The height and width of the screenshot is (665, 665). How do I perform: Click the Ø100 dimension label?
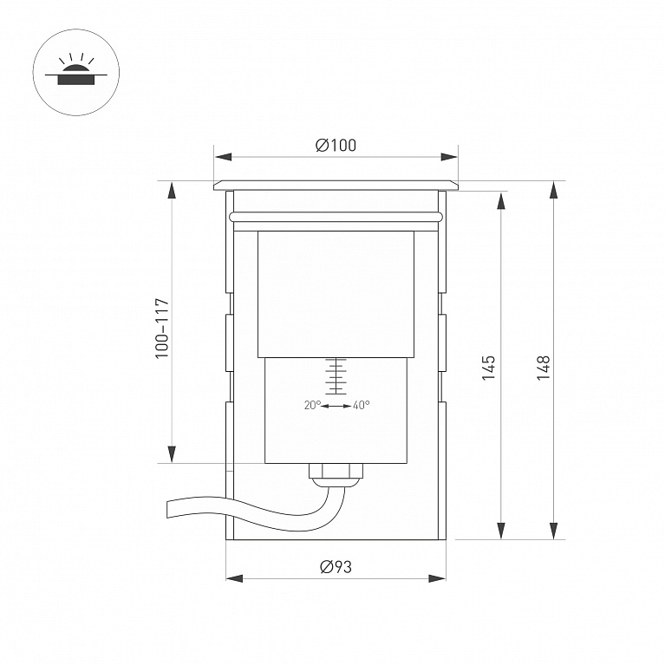(336, 145)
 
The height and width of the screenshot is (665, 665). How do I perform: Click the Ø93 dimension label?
(336, 567)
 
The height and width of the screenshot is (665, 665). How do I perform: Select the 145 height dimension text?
(489, 368)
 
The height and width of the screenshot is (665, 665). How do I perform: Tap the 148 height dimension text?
(544, 368)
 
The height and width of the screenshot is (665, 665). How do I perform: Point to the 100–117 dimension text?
(162, 329)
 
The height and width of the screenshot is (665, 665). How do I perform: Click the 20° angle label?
(313, 405)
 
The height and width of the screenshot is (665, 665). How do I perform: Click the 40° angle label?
(361, 405)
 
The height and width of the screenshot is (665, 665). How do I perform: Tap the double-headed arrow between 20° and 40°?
(336, 407)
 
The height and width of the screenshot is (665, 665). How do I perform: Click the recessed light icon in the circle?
(76, 70)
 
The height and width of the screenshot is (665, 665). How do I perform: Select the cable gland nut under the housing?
(336, 470)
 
